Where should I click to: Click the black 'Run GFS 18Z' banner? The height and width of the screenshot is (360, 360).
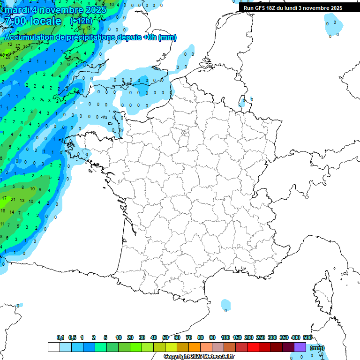(292, 8)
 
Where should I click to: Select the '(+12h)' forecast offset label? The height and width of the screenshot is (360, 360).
(81, 21)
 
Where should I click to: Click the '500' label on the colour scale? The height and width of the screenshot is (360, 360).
(307, 337)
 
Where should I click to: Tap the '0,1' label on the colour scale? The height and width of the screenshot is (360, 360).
(60, 337)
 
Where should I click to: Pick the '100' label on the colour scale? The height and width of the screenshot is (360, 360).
(225, 337)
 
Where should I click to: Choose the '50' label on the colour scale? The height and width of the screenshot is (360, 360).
(165, 337)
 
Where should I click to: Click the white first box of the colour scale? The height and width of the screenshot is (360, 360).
(54, 347)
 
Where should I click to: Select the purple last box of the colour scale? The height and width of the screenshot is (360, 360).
(300, 347)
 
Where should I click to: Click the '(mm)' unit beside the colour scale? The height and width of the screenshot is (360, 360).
(317, 348)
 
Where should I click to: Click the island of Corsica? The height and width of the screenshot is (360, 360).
(323, 293)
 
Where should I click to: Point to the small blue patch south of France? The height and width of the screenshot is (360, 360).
(226, 305)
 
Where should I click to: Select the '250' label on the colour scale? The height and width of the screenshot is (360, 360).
(261, 337)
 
